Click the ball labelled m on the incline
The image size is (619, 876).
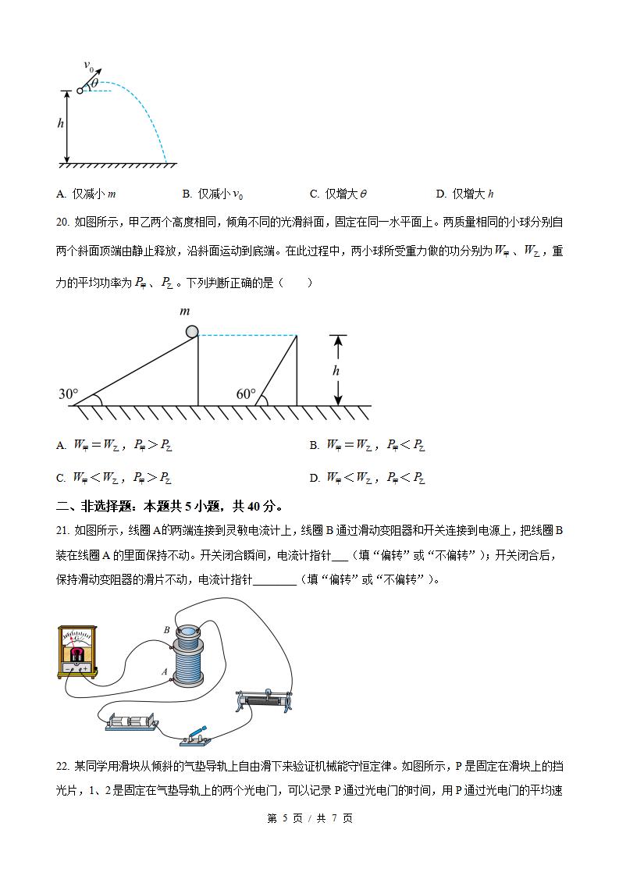192,332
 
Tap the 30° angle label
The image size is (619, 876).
67,394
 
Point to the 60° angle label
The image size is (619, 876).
246,394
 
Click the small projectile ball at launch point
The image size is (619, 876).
80,91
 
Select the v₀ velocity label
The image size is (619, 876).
88,68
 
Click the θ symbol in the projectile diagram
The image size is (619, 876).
94,83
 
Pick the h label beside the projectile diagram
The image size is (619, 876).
60,123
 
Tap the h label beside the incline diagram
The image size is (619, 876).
336,371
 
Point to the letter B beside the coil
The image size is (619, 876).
166,629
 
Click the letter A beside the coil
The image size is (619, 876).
165,671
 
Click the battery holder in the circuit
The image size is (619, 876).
132,723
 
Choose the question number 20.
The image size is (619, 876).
62,223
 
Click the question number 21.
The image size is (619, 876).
62,531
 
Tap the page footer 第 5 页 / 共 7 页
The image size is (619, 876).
310,818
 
